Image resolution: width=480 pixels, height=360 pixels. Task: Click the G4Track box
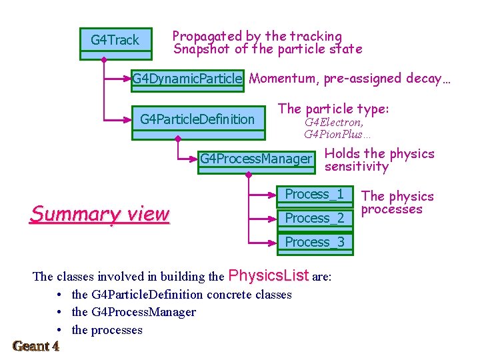115,41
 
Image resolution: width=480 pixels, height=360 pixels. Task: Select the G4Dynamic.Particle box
187,79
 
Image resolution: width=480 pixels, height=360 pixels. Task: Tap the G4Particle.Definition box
197,120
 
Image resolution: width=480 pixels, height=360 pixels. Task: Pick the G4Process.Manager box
256,159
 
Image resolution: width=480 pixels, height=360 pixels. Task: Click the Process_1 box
314,195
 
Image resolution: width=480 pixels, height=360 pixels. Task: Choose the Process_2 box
314,219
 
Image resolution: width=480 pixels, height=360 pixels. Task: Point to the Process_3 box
314,242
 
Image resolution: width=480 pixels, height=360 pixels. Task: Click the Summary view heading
100,214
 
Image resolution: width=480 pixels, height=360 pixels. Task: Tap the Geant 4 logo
36,346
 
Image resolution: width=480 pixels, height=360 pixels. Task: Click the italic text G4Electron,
334,123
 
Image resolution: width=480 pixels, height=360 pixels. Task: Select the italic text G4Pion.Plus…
337,135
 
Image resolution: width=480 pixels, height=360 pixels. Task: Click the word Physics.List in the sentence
269,275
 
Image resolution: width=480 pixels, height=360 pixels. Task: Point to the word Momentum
283,79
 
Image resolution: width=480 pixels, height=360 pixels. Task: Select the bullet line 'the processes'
107,330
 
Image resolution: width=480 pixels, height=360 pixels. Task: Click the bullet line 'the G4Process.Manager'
133,312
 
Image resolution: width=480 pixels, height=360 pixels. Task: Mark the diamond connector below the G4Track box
103,59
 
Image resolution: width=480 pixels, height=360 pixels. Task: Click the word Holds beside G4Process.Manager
341,154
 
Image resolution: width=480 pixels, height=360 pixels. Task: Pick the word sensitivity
356,167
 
